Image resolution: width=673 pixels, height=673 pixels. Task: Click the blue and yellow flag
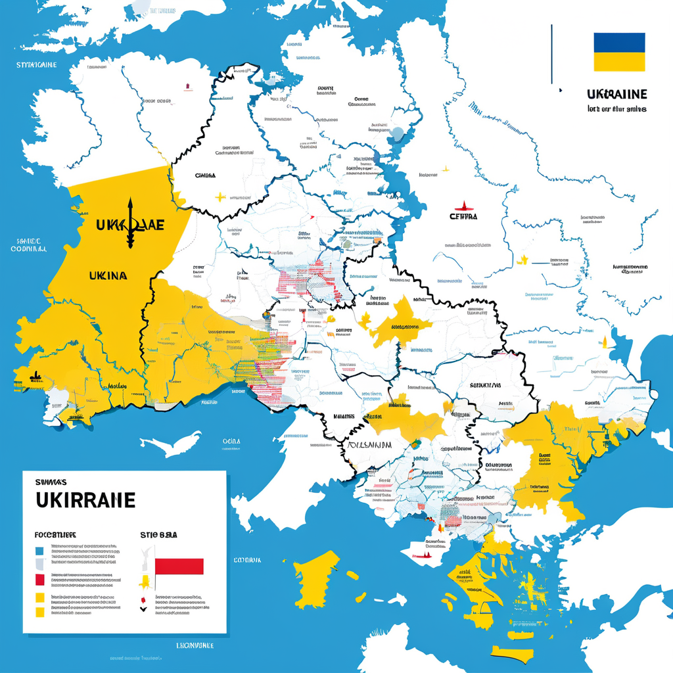pyautogui.click(x=619, y=52)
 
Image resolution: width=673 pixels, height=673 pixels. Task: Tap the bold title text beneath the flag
pyautogui.click(x=616, y=94)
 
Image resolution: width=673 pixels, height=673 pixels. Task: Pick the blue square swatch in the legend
pyautogui.click(x=39, y=551)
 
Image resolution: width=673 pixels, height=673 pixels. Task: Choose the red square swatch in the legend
pyautogui.click(x=39, y=579)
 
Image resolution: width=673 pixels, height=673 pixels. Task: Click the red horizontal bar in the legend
pyautogui.click(x=179, y=567)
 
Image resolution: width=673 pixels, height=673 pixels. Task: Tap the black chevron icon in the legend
pyautogui.click(x=143, y=607)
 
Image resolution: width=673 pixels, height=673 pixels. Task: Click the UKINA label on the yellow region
pyautogui.click(x=107, y=276)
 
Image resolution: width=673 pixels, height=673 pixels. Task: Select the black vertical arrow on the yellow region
pyautogui.click(x=130, y=223)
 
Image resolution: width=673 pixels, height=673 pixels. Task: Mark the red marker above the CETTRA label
pyautogui.click(x=463, y=204)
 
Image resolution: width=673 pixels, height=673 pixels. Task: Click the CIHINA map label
pyautogui.click(x=205, y=176)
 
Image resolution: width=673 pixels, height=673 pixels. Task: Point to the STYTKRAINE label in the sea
pyautogui.click(x=37, y=65)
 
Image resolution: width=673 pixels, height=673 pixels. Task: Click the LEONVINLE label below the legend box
pyautogui.click(x=195, y=645)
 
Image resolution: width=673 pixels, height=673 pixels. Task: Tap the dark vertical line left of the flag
pyautogui.click(x=551, y=55)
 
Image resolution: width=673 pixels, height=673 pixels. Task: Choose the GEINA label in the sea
pyautogui.click(x=231, y=441)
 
